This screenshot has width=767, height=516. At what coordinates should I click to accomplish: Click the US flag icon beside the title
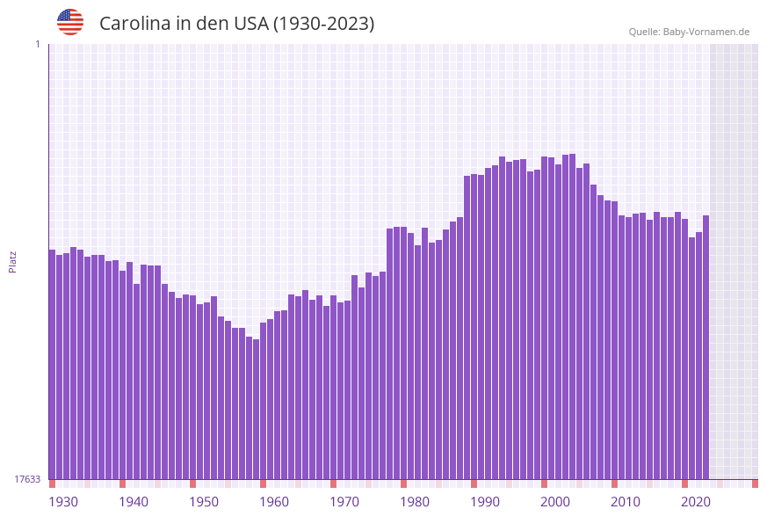click(70, 22)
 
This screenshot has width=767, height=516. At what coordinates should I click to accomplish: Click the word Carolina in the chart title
click(134, 24)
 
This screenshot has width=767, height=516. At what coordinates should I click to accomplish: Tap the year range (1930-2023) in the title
click(323, 24)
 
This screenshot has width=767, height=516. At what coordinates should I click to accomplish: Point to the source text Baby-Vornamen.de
click(705, 32)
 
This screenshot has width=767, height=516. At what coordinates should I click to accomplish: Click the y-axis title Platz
click(13, 261)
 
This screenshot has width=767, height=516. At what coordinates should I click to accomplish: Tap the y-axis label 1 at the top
click(37, 44)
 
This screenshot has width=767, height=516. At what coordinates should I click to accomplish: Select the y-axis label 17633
click(27, 479)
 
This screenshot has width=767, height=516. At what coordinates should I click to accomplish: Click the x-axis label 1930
click(63, 502)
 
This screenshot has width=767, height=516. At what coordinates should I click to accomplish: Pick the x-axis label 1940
click(134, 502)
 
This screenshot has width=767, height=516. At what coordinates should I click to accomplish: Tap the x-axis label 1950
click(204, 502)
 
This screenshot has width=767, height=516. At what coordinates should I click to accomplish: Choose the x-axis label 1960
click(274, 502)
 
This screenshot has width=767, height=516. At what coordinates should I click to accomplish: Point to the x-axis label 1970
click(344, 502)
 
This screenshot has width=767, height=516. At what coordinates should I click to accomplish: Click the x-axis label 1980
click(415, 502)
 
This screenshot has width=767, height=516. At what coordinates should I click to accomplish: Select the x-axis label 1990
click(485, 502)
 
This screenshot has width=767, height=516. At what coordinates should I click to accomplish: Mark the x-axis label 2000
click(555, 502)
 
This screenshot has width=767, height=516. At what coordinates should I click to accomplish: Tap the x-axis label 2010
click(626, 502)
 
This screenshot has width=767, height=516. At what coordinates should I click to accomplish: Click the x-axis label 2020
click(696, 502)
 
